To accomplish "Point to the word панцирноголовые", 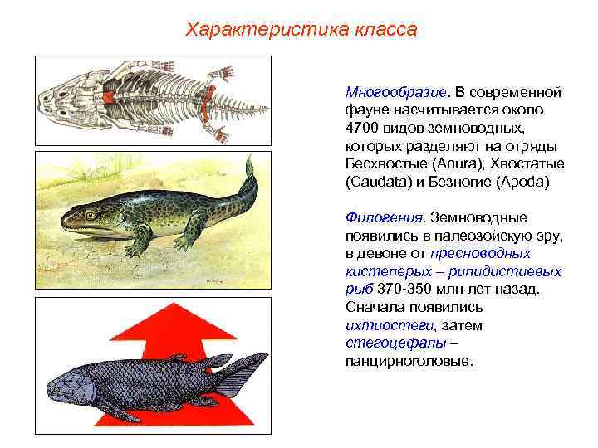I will [408, 362].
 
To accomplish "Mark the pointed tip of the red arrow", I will [154, 304].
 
